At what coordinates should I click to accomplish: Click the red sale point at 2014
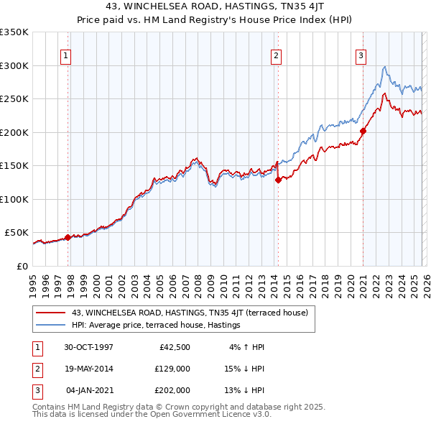point(278,180)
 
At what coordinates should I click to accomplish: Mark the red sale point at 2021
point(363,131)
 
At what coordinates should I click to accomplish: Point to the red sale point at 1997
point(68,237)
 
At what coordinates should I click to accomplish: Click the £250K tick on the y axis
point(14,98)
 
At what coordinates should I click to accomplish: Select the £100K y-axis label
point(14,199)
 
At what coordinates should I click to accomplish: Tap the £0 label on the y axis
point(21,266)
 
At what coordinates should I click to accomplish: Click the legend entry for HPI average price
point(155,326)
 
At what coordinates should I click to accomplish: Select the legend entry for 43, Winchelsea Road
point(190,313)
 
